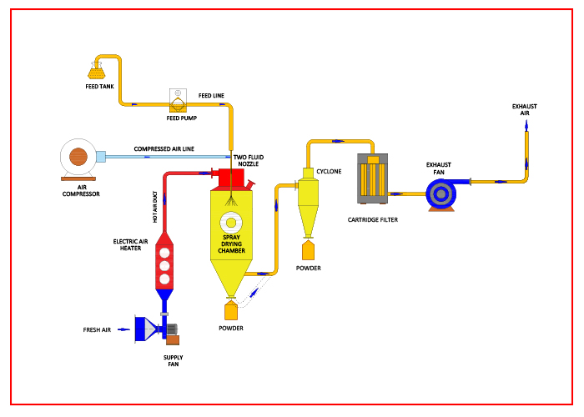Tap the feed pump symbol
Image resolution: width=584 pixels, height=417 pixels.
[x=179, y=103]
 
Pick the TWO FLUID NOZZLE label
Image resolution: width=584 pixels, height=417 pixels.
[x=249, y=160]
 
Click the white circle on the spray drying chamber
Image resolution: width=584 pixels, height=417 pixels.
[x=230, y=223]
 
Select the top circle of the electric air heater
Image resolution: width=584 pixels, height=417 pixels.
[x=165, y=252]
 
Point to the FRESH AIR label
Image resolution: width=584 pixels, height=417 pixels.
[x=97, y=329]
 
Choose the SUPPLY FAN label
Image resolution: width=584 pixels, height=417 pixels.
[x=171, y=360]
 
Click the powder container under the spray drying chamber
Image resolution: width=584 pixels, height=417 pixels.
[x=230, y=311]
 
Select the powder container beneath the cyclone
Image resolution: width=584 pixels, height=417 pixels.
[x=308, y=249]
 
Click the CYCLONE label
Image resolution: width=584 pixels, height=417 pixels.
[x=329, y=171]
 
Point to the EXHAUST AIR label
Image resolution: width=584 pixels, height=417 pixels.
[x=526, y=109]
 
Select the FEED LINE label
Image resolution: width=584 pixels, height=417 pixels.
[x=211, y=96]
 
